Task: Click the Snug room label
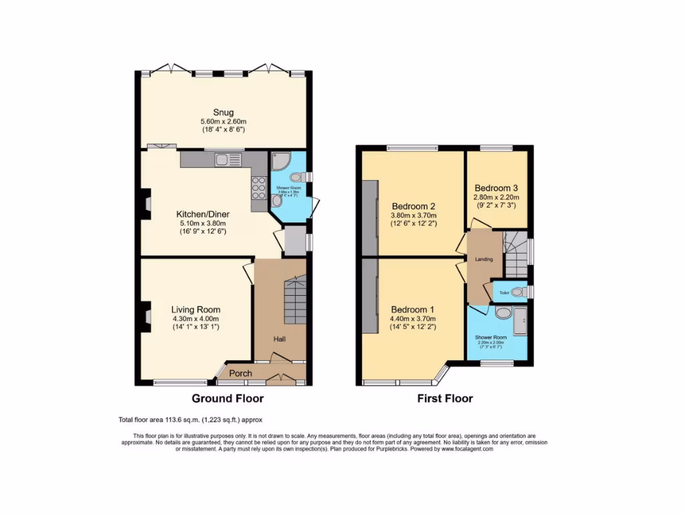coord(223,112)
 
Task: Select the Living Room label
coord(195,310)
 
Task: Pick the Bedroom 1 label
coord(413,310)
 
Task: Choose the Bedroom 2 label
coord(414,205)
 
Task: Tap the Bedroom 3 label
coord(496,188)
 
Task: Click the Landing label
coord(484,259)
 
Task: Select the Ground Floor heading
coord(227,399)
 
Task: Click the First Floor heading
coord(445,399)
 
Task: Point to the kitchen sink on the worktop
coord(223,159)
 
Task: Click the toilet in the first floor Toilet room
coord(521,292)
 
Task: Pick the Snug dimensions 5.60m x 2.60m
coord(223,121)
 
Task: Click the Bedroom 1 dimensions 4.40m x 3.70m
coord(413,319)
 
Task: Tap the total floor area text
coord(191,420)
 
